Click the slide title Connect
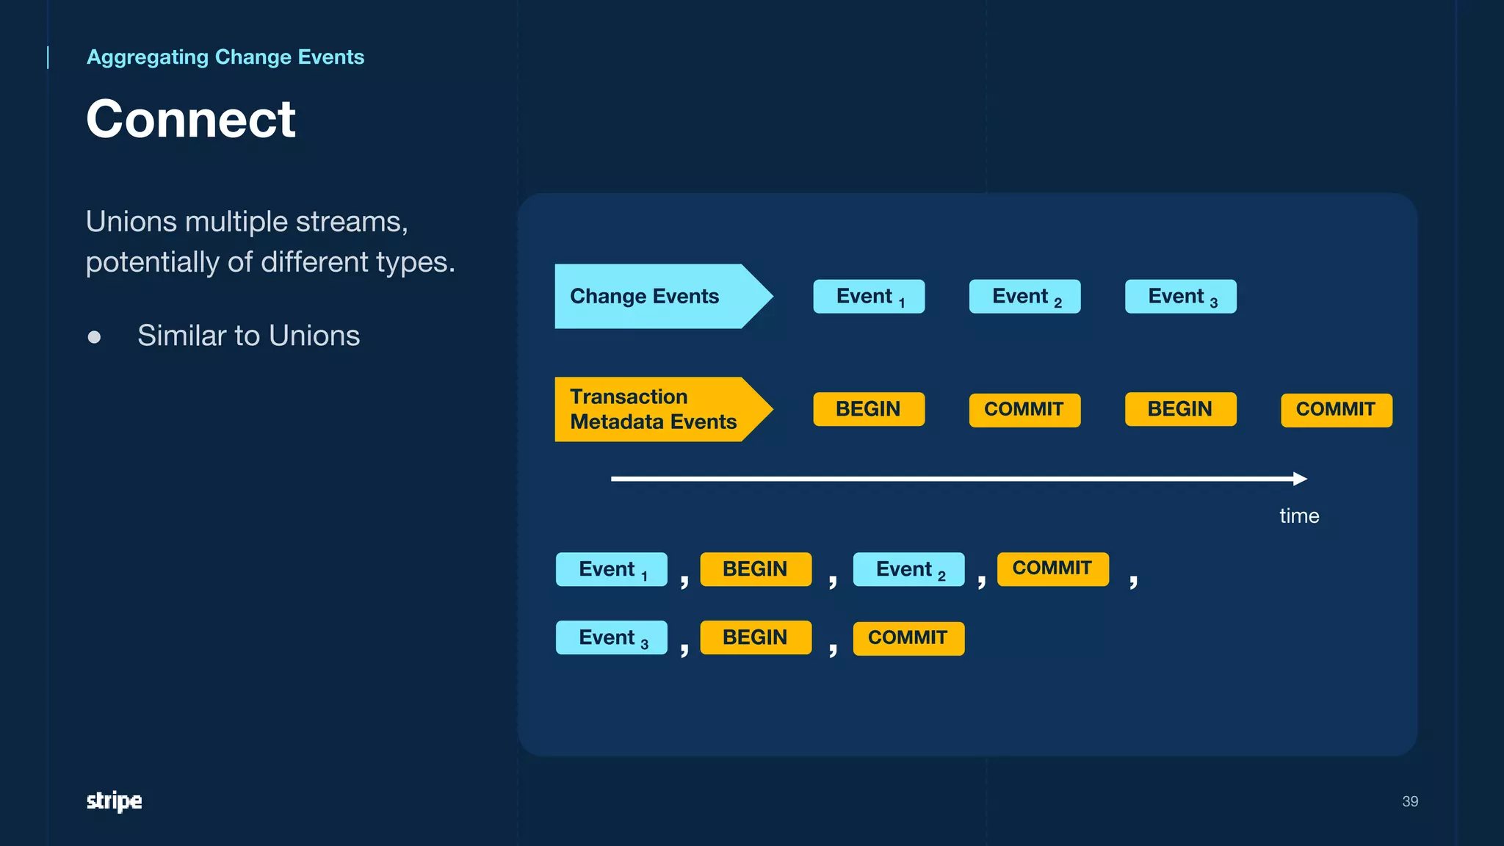coord(190,119)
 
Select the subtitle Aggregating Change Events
coord(225,57)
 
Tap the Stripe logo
coord(114,800)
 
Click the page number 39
coord(1409,801)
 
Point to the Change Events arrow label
coord(645,296)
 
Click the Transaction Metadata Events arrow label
coord(652,409)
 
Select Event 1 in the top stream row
coord(869,297)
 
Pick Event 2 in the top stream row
coord(1024,297)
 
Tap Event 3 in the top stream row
coord(1180,297)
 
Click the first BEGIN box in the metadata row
coord(869,409)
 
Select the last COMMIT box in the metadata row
coord(1336,410)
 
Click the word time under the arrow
coord(1298,516)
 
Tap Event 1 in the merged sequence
coord(611,569)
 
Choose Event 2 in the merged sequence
coord(908,569)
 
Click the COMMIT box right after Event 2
coord(1052,569)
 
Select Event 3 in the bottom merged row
coord(611,637)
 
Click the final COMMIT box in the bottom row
coord(908,637)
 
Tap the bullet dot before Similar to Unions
coord(94,337)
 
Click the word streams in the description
coord(351,222)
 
